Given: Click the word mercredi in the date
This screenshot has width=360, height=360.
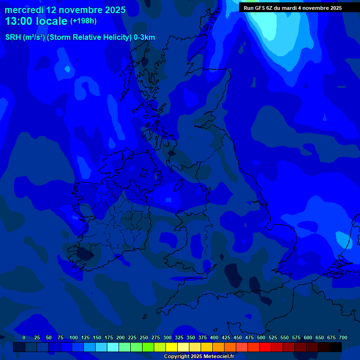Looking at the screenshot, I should click(x=24, y=10).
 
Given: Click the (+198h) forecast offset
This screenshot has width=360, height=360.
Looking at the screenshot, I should click(x=83, y=21).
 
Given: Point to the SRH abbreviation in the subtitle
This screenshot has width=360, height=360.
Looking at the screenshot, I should click(x=13, y=37).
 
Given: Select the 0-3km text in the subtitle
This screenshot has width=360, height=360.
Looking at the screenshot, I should click(x=144, y=37).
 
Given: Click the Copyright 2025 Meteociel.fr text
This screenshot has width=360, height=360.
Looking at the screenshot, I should click(x=199, y=356).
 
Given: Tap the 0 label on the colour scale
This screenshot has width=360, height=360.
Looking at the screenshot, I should click(x=24, y=337).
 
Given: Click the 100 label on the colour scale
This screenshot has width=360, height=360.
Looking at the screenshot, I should click(x=74, y=337).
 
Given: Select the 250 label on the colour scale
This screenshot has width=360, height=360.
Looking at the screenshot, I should click(x=144, y=337).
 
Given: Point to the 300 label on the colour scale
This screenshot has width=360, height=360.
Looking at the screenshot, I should click(x=167, y=337).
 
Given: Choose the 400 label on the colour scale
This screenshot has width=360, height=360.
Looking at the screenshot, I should click(x=214, y=337).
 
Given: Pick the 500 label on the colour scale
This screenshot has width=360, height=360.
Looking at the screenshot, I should click(x=261, y=337).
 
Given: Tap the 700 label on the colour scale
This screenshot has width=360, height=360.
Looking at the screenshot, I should click(x=343, y=337).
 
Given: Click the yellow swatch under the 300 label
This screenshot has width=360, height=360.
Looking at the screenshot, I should click(x=172, y=347).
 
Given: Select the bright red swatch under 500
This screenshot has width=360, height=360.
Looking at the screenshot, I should click(x=265, y=347).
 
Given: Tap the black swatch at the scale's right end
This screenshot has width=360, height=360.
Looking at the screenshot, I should click(x=336, y=347).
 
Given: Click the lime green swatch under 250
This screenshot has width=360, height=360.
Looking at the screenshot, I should click(x=148, y=347).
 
